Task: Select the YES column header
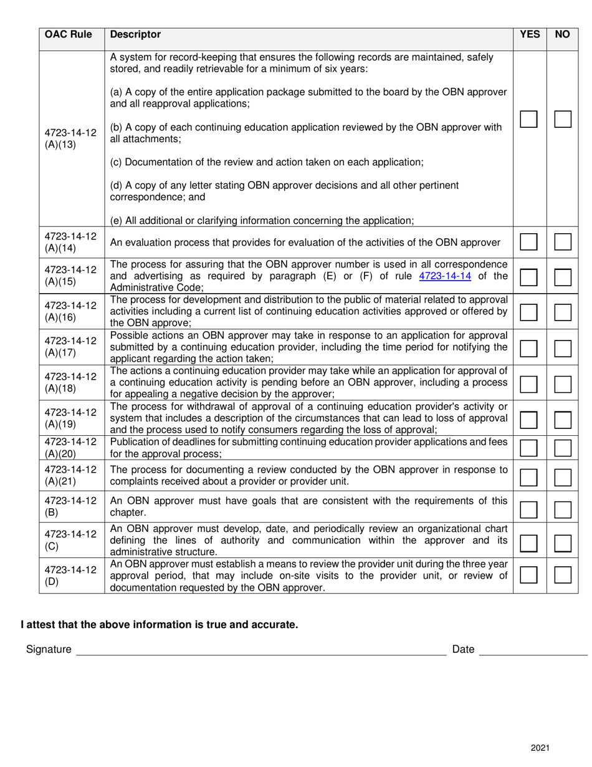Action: (x=529, y=35)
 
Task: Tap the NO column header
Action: (x=562, y=35)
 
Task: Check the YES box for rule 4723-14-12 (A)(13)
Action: (x=528, y=119)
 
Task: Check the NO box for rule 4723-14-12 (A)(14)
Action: (x=563, y=242)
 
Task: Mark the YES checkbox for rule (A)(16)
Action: (x=528, y=312)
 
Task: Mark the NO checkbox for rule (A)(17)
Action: (x=563, y=348)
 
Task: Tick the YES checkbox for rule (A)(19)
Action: (x=528, y=420)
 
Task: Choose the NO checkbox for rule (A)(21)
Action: (x=563, y=478)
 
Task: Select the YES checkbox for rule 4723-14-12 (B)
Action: (x=528, y=509)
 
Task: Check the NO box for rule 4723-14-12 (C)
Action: (x=563, y=543)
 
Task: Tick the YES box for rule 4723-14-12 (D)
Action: (x=528, y=574)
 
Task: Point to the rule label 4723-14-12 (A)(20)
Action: (x=71, y=447)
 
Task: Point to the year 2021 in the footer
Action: (x=540, y=748)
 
